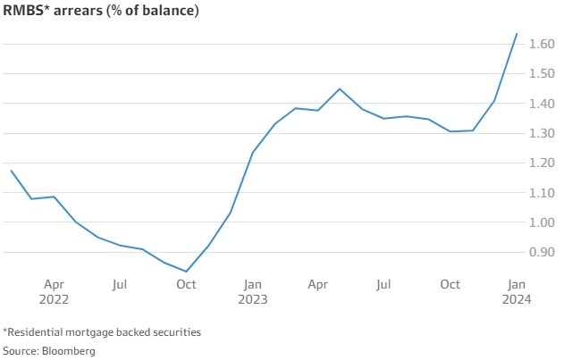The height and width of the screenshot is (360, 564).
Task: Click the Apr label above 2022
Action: coord(54,285)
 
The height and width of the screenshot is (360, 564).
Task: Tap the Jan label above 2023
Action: coord(253,285)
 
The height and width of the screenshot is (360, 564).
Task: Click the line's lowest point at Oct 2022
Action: coord(187,272)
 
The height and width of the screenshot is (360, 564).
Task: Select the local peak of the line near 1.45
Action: coord(340,88)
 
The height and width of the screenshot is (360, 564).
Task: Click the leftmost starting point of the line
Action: coord(11,170)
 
